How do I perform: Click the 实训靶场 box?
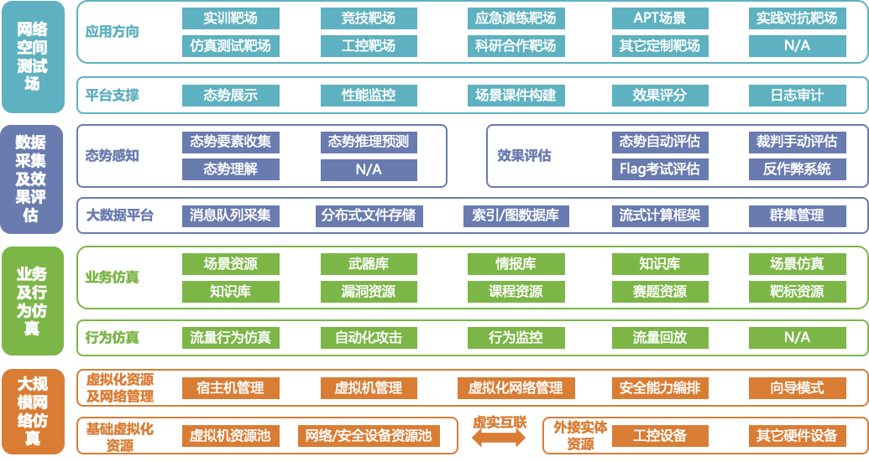coord(231,18)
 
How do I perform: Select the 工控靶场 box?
coord(369,46)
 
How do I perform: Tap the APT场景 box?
coord(659,18)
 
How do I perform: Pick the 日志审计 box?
coord(797,96)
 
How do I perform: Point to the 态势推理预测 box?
coord(369,143)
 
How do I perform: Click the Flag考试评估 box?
coord(659,169)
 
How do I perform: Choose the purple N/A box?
coord(369,169)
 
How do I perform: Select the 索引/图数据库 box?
coord(515,215)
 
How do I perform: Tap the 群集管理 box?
coord(797,215)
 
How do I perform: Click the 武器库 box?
coord(369,264)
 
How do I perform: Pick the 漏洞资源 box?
coord(369,292)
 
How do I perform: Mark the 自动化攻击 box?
coord(369,338)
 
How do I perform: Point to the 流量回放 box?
coord(659,338)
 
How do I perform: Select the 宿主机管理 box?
coord(231,388)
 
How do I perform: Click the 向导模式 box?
coord(797,388)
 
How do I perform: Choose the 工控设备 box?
coord(659,436)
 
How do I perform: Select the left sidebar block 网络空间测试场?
coord(33,56)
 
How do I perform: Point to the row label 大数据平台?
coord(121,215)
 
